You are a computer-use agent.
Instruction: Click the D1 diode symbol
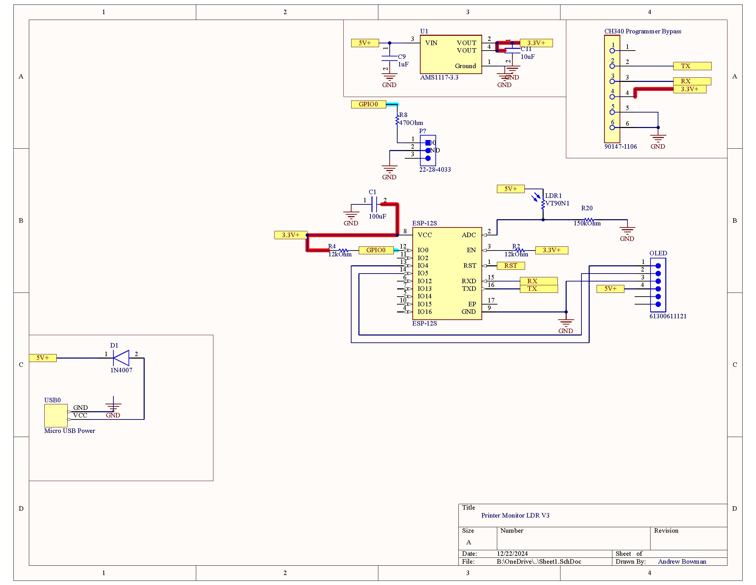coord(121,358)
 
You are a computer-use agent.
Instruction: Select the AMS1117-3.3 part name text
coord(439,77)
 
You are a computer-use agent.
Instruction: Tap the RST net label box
coord(511,265)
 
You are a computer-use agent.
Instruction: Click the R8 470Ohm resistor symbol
coord(397,120)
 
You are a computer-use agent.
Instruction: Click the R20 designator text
coord(586,208)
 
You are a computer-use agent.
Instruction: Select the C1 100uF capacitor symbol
coord(374,204)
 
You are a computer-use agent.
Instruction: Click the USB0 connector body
coord(56,415)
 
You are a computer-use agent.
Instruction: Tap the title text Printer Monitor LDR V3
coord(515,515)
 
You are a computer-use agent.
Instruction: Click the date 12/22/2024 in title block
coord(512,553)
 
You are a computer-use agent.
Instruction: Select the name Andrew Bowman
coord(681,562)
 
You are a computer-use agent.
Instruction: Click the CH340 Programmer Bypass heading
coord(643,31)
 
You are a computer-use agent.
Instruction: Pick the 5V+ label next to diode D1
coord(43,358)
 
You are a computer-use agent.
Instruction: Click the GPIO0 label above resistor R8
coord(368,104)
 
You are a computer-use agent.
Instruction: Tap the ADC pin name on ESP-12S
coord(468,235)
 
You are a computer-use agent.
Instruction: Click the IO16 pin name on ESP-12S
coord(424,311)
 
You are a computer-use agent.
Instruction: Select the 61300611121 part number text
coord(668,316)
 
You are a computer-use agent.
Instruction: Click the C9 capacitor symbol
coord(389,58)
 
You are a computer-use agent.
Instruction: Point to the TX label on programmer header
coord(692,66)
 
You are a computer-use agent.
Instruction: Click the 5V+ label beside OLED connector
coord(610,289)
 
